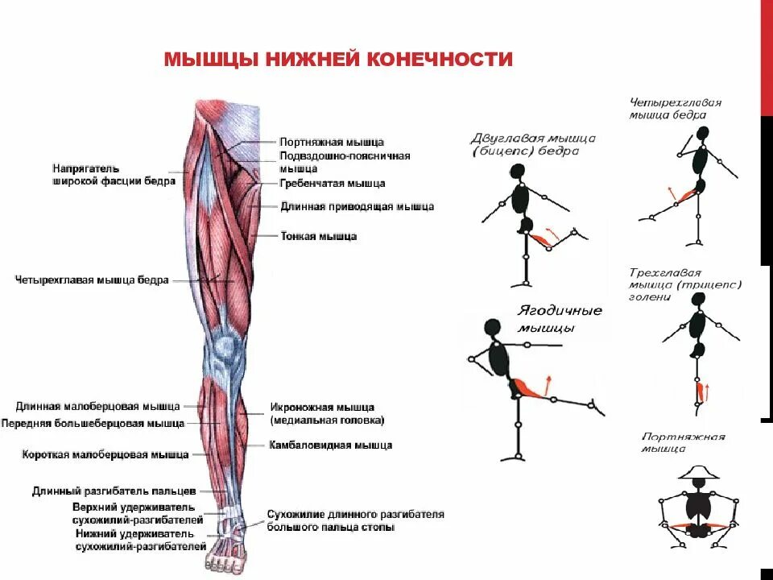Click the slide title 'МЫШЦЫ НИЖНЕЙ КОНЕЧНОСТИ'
click(338, 60)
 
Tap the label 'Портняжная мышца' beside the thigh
click(332, 142)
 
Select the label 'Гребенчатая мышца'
click(333, 184)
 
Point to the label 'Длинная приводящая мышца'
click(358, 207)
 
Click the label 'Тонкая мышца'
click(318, 237)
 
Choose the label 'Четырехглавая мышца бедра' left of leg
click(92, 280)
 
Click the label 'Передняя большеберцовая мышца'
click(93, 423)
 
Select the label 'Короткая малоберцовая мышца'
click(105, 454)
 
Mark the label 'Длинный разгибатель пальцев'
click(114, 490)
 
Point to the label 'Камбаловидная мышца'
click(330, 445)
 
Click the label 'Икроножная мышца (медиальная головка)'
click(327, 413)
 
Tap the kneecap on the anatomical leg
click(225, 348)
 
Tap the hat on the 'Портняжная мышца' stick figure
click(697, 472)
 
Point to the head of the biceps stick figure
click(517, 171)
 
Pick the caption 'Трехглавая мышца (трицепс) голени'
click(684, 284)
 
